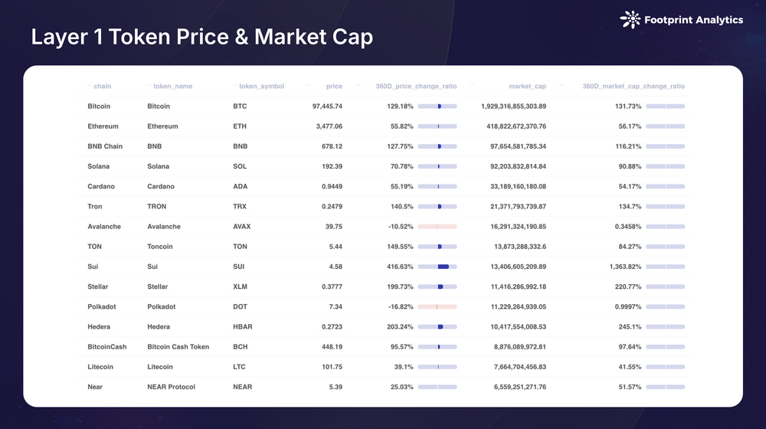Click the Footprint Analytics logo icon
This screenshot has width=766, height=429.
(x=630, y=19)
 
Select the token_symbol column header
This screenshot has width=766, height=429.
(x=261, y=87)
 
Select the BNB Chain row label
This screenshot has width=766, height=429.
(x=105, y=146)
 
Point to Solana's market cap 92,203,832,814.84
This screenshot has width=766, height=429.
(x=513, y=166)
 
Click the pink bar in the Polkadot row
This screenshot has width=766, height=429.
(x=437, y=306)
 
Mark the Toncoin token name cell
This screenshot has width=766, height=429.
(x=160, y=247)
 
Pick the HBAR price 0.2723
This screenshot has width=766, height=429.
(x=329, y=326)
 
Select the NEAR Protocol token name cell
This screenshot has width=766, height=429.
(x=171, y=387)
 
